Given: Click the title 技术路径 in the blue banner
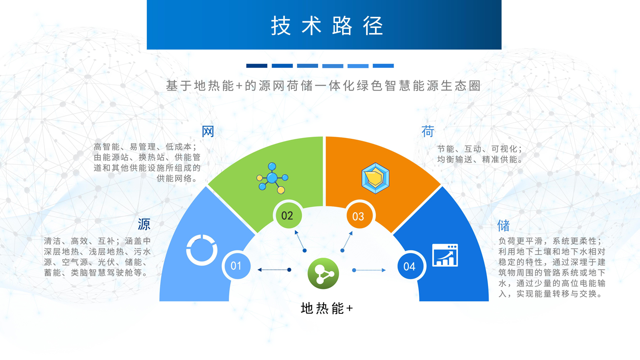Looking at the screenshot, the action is pyautogui.click(x=327, y=26).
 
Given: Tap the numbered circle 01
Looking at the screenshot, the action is pyautogui.click(x=236, y=266).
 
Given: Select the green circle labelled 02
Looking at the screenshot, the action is pyautogui.click(x=287, y=215).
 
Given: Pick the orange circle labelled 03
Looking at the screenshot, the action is pyautogui.click(x=359, y=216).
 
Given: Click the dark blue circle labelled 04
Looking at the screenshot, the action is pyautogui.click(x=410, y=266).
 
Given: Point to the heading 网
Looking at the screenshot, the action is pyautogui.click(x=208, y=131).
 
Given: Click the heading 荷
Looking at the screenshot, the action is pyautogui.click(x=428, y=131).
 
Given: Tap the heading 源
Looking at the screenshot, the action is pyautogui.click(x=144, y=224).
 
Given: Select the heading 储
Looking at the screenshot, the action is pyautogui.click(x=503, y=226).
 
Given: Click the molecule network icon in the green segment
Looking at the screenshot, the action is pyautogui.click(x=272, y=178).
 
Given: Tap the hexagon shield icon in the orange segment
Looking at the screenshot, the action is pyautogui.click(x=375, y=178).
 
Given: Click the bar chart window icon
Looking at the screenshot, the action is pyautogui.click(x=445, y=255).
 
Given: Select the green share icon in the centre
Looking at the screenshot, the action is pyautogui.click(x=323, y=273).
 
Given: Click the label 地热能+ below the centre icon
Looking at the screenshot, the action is pyautogui.click(x=327, y=309).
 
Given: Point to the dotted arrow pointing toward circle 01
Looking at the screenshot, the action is pyautogui.click(x=274, y=270).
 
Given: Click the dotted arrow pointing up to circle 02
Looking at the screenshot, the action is pyautogui.click(x=300, y=241).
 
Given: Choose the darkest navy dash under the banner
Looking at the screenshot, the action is pyautogui.click(x=257, y=66).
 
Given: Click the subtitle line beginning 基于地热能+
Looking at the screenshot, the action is pyautogui.click(x=323, y=86).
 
